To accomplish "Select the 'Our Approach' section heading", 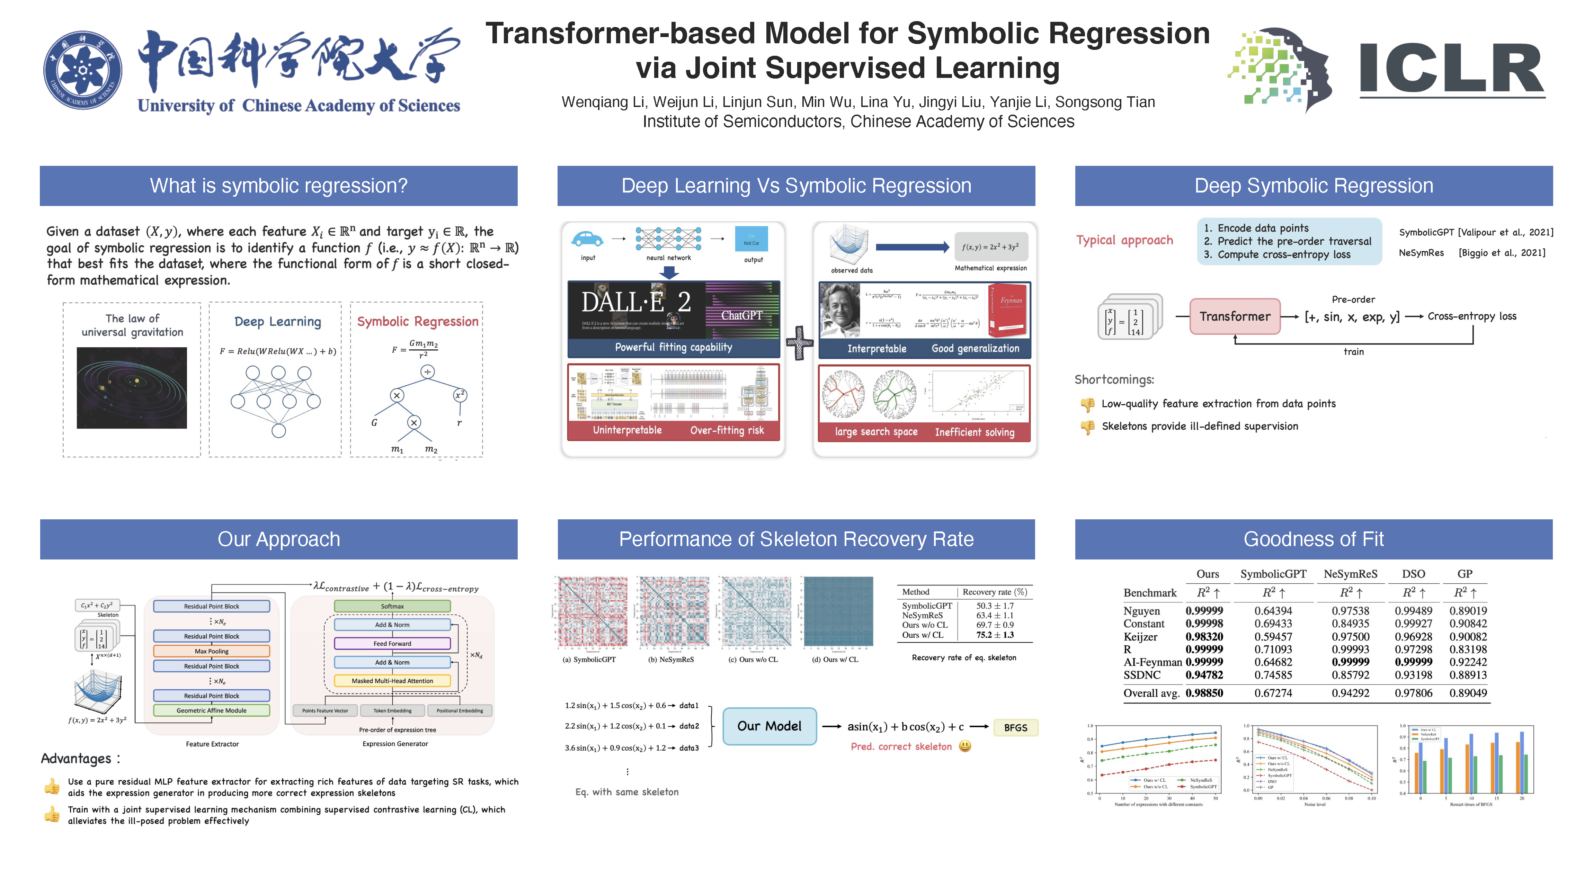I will [x=278, y=539].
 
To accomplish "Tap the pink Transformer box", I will [x=1234, y=316].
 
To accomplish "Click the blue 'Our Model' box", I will [x=769, y=726].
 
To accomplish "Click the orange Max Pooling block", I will [x=212, y=651].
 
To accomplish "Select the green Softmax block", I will [x=392, y=606].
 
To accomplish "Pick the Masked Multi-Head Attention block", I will [x=392, y=681].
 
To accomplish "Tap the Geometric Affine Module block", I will [x=212, y=710].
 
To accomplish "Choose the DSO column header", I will [x=1413, y=574].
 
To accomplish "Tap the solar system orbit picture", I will [x=132, y=388].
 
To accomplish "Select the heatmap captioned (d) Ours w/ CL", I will [x=838, y=612].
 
